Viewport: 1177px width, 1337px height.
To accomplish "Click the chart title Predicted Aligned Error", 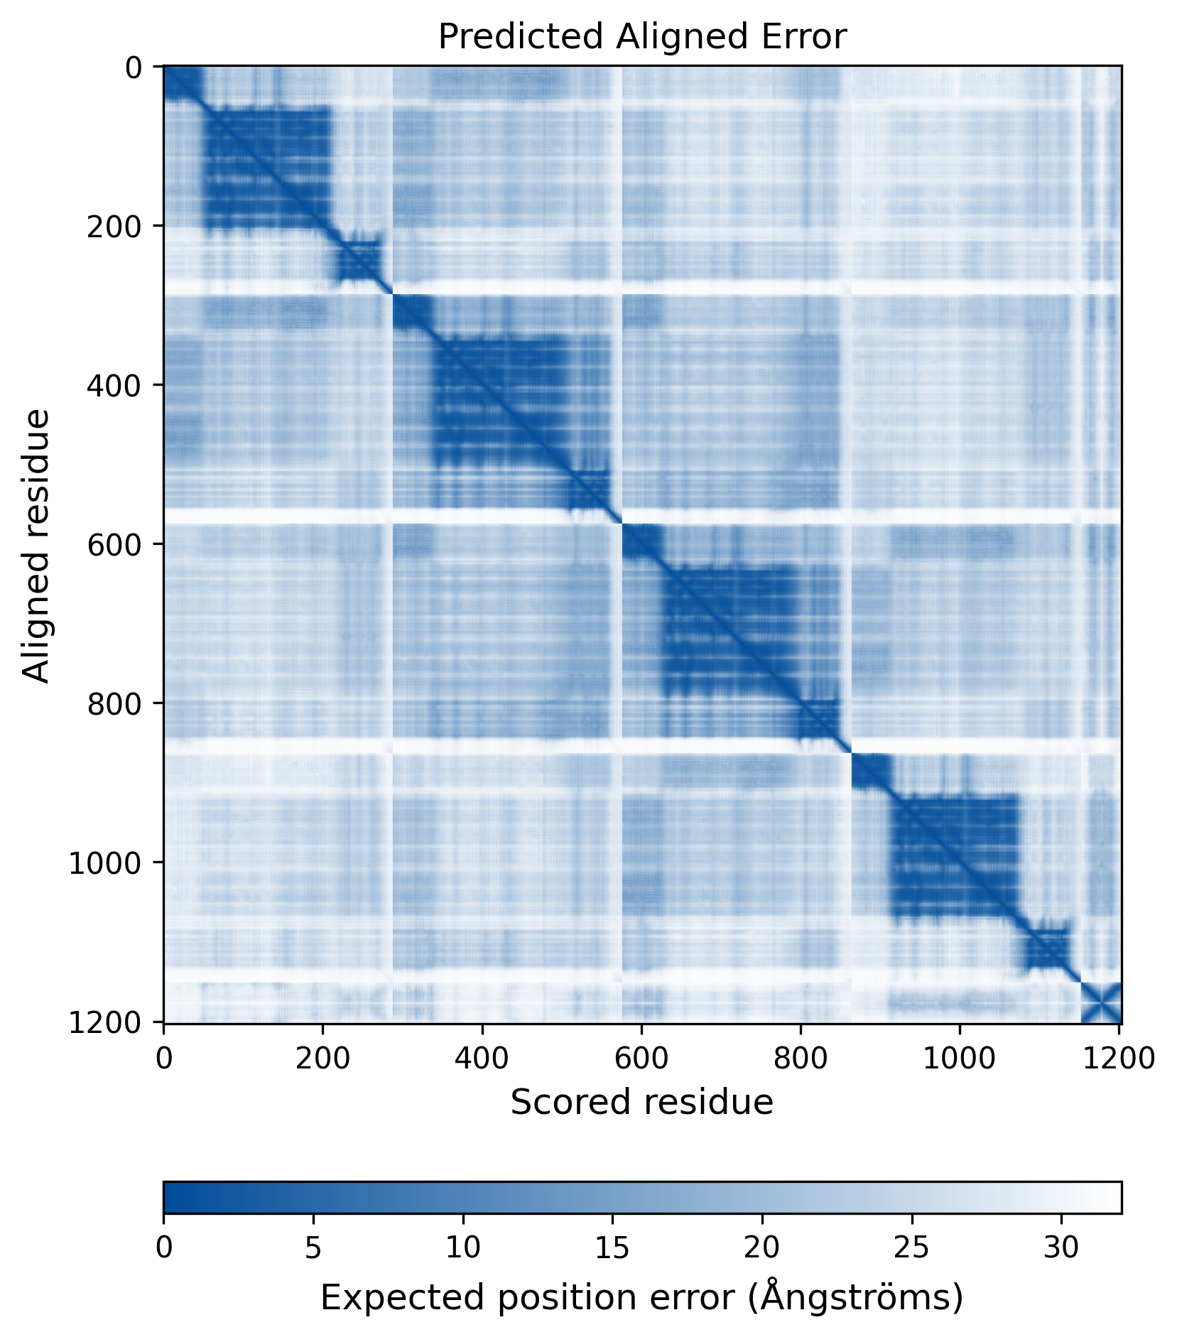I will click(642, 36).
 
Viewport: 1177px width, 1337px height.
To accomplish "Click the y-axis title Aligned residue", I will click(36, 545).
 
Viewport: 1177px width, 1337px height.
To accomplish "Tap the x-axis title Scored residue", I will click(642, 1103).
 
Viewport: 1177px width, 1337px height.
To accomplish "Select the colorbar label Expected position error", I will click(642, 1298).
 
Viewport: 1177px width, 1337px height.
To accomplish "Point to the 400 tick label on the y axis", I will click(114, 385).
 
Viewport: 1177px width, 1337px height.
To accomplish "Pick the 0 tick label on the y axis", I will click(134, 67).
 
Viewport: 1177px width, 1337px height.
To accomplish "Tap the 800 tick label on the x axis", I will click(801, 1059).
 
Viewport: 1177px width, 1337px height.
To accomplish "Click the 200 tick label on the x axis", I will click(323, 1059).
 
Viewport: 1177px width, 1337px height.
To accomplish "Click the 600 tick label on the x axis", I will click(641, 1059).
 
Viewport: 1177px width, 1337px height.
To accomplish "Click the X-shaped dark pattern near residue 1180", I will click(1101, 1003).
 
